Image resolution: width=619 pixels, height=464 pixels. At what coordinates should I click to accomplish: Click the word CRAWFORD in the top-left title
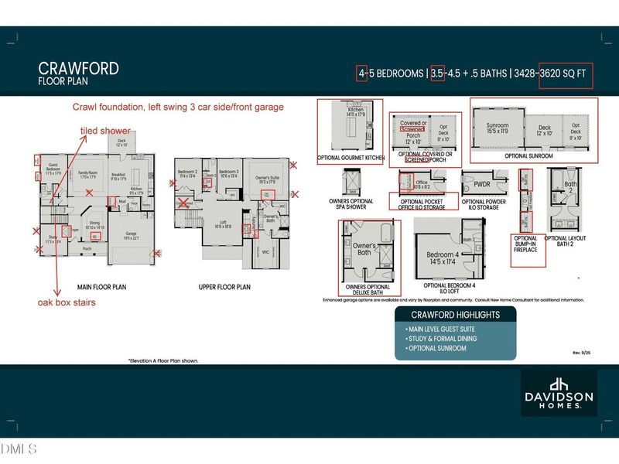tap(78, 68)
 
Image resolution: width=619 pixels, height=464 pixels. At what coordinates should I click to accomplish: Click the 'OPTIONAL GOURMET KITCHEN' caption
tap(351, 158)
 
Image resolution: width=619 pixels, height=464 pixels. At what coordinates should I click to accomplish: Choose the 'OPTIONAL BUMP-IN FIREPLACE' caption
tap(530, 242)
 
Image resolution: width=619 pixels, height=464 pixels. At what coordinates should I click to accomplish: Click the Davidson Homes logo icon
tap(558, 384)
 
